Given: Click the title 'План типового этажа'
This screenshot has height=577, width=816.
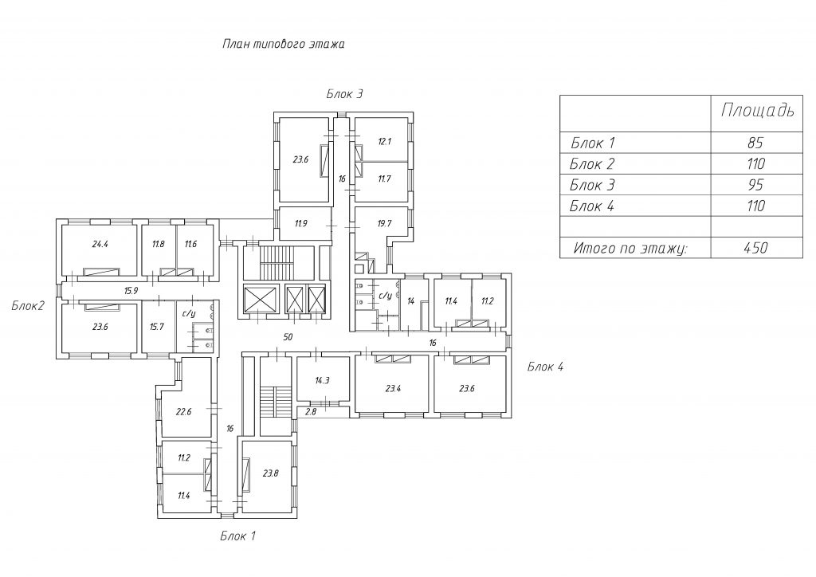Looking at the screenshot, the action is click(283, 44).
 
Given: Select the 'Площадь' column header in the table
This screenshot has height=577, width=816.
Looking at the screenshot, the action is click(757, 110).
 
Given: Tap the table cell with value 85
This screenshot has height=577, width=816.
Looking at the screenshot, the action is click(755, 143).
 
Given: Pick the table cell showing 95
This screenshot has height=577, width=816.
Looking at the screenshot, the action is click(755, 185).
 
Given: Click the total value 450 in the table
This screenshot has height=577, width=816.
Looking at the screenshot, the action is click(755, 247).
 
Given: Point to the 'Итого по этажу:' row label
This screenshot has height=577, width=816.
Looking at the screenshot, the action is click(630, 248).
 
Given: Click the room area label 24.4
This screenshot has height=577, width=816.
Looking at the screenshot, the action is click(100, 244).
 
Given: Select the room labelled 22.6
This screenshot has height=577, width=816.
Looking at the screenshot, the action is click(184, 411).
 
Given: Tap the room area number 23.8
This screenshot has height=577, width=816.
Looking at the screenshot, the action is click(271, 473).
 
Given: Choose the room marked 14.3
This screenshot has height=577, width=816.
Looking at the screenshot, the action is click(322, 380).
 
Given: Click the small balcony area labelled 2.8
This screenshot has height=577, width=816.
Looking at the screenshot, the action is click(311, 411).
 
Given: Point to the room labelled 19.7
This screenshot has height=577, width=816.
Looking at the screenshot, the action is click(384, 224).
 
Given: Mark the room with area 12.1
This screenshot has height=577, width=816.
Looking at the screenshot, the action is click(385, 141).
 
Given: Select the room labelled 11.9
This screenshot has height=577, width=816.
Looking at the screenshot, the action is click(300, 224).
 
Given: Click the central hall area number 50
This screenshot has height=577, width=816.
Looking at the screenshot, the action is click(288, 337).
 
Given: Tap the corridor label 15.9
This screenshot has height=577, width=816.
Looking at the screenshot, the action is click(131, 291).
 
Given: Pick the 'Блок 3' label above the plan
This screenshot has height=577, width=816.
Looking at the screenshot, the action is click(344, 94).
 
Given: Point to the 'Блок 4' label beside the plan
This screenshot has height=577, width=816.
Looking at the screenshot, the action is click(545, 367).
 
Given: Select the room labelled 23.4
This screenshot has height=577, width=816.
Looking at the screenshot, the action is click(393, 388).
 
